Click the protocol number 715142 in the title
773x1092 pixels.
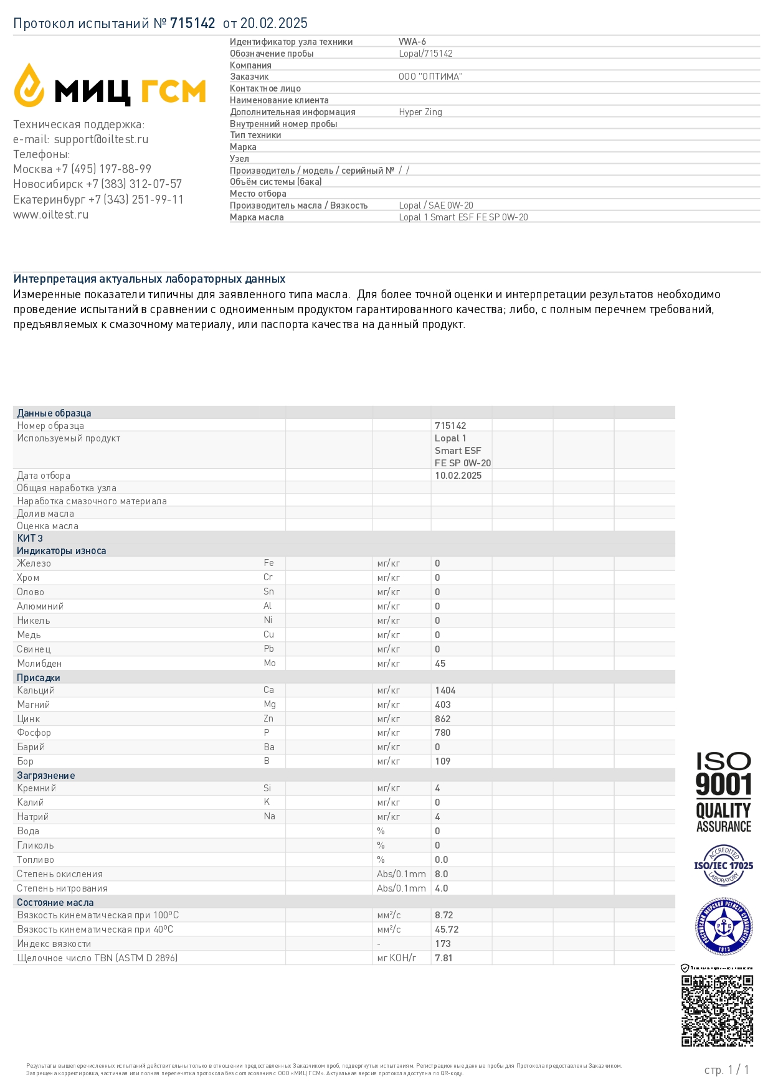(192, 24)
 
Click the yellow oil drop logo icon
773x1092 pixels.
(29, 85)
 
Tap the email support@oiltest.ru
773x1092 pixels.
(101, 139)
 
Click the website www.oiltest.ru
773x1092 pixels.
(51, 215)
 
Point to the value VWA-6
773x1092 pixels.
(412, 42)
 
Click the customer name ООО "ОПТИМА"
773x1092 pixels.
(430, 77)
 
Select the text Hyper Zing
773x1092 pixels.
(420, 112)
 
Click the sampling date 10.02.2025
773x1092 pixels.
(458, 476)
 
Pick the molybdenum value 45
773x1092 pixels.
(440, 664)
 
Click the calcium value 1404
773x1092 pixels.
(445, 690)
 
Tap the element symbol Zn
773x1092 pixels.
(268, 718)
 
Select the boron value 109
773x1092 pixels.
(443, 761)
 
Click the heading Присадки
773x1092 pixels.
(39, 678)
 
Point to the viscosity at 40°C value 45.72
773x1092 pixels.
(447, 930)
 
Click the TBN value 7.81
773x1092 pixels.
(443, 958)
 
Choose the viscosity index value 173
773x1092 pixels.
(443, 944)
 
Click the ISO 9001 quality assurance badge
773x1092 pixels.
(723, 793)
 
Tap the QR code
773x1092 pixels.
(717, 1010)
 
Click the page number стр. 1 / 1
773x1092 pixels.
(726, 1070)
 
